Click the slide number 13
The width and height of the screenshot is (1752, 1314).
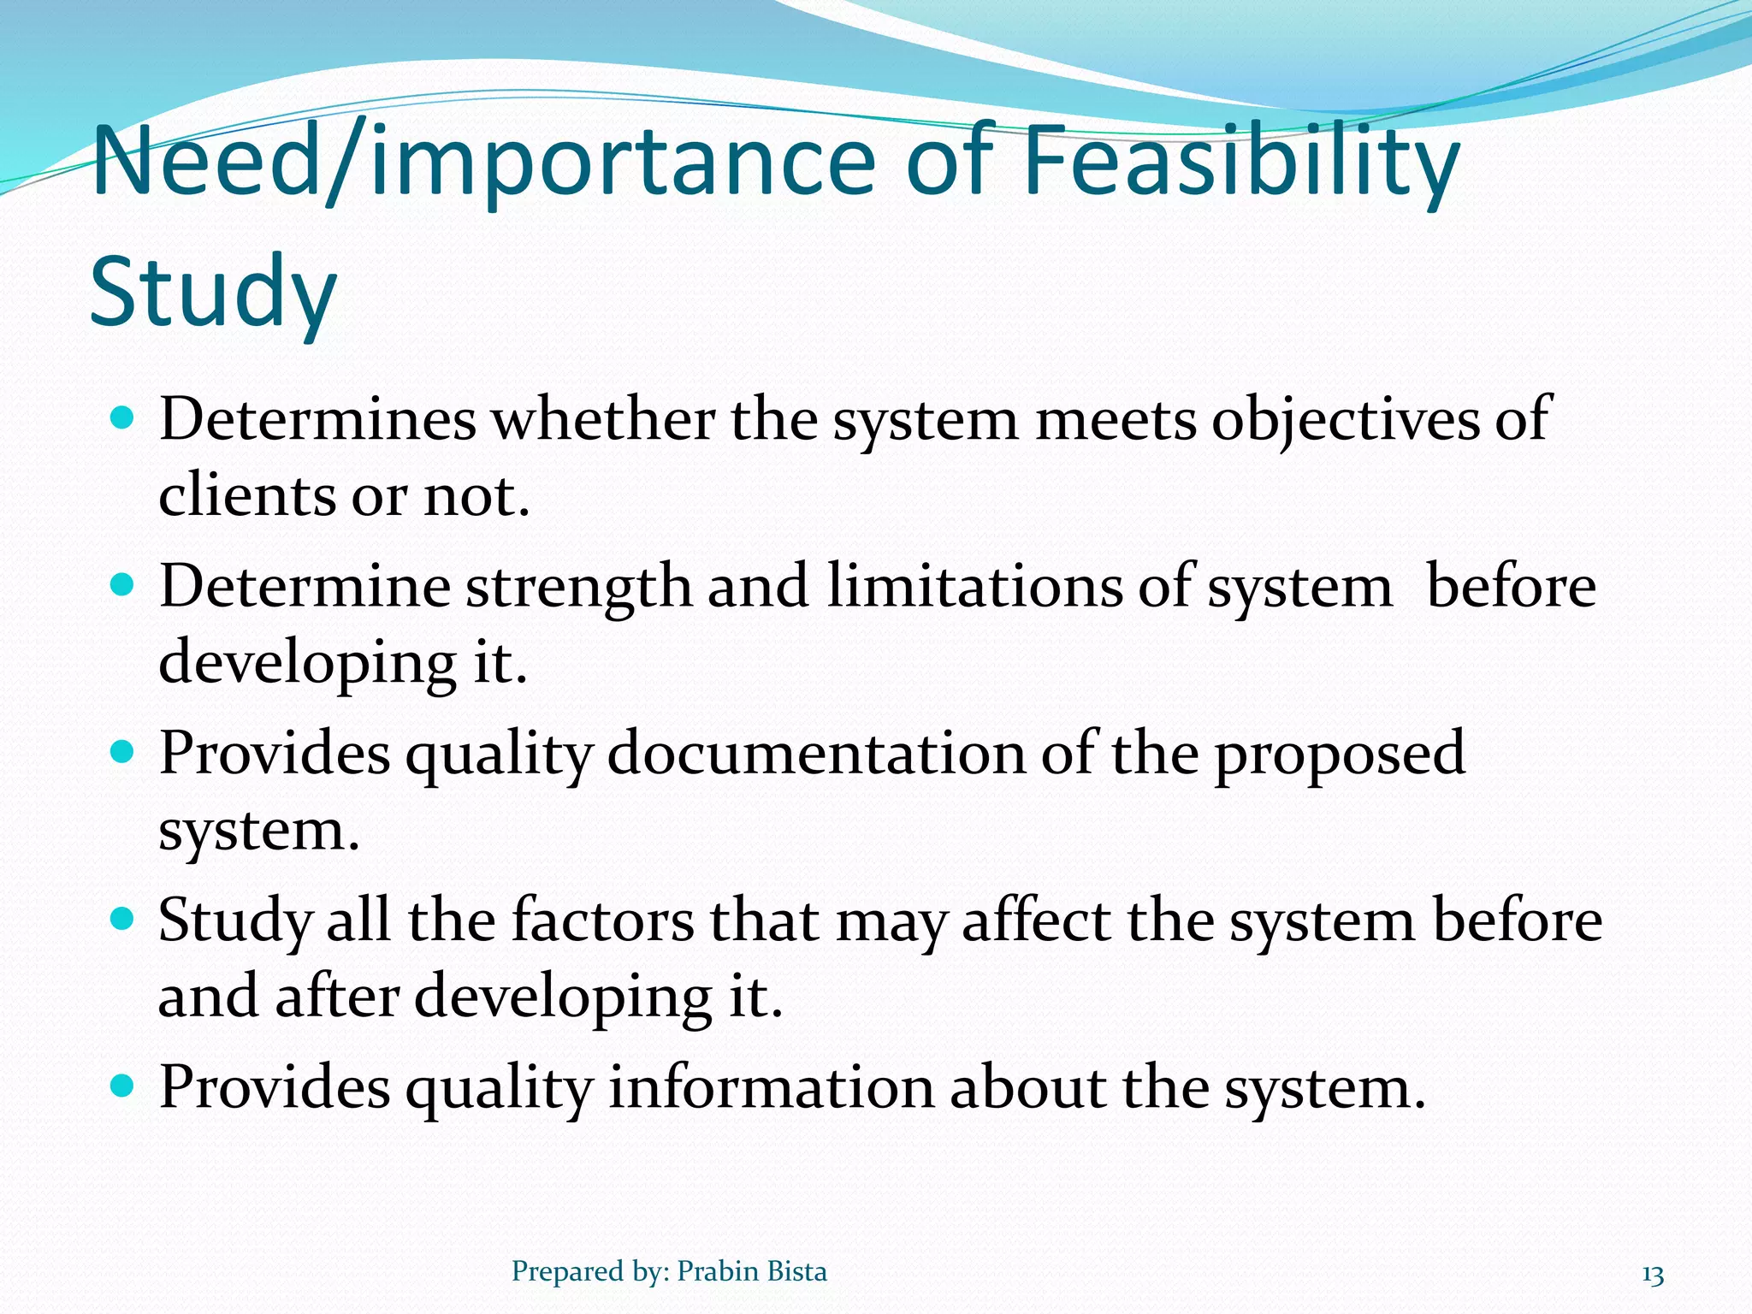click(x=1653, y=1276)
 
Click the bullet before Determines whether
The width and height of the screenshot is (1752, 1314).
click(x=123, y=419)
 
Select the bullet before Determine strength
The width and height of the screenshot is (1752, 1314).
click(x=123, y=586)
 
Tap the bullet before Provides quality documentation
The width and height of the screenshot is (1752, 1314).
click(x=123, y=753)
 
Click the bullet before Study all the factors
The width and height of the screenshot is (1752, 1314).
click(x=123, y=920)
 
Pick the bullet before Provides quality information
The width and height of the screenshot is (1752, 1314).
click(x=123, y=1086)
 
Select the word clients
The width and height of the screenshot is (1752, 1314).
click(x=246, y=496)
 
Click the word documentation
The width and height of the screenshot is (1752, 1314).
click(x=815, y=755)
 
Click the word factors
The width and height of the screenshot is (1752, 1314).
click(x=602, y=921)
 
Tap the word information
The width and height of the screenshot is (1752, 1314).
click(x=771, y=1088)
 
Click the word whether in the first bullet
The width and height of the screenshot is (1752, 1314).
click(x=602, y=421)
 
